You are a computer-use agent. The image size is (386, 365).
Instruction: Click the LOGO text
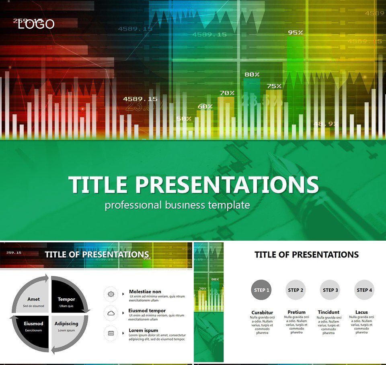point(36,24)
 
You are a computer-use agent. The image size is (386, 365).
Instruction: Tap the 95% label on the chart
point(295,32)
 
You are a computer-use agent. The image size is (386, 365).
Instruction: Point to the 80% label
point(252,74)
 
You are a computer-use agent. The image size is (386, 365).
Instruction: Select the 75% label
point(274,86)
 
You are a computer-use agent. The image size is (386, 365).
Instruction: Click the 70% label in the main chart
point(226,93)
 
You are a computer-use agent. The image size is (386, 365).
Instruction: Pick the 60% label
point(205,107)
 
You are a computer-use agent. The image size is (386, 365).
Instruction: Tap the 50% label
point(184,119)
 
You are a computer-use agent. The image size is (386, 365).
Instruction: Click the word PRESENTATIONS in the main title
point(227,185)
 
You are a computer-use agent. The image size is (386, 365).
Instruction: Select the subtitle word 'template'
point(229,205)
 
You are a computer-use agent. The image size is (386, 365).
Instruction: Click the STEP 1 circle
point(261,290)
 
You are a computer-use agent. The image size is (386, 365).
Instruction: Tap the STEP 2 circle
point(296,290)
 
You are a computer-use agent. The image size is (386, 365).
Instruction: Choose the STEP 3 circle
point(331,290)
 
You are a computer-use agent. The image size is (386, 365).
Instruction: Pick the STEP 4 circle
point(365,290)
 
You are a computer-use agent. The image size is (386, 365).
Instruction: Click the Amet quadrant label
point(33,299)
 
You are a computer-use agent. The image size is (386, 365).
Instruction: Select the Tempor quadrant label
point(66,299)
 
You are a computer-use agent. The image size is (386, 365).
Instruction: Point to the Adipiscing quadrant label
point(66,324)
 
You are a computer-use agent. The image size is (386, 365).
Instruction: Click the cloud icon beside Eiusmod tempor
point(111,313)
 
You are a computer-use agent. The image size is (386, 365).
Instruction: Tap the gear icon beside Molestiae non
point(111,294)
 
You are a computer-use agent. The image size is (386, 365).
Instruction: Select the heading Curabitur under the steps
point(262,312)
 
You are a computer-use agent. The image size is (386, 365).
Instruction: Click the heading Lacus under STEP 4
point(361,312)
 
